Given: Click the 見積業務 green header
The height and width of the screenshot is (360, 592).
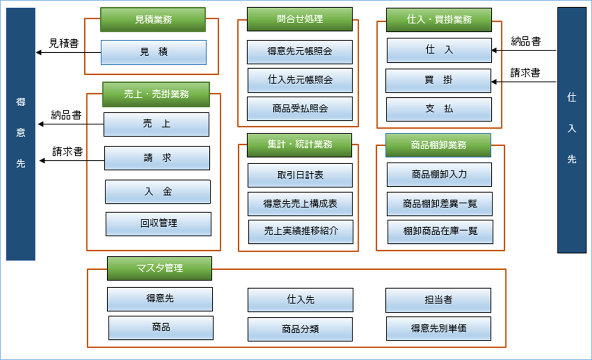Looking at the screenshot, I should [153, 19].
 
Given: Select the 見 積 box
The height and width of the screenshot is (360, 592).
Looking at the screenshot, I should [154, 52].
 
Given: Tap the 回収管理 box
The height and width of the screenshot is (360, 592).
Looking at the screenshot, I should [158, 224].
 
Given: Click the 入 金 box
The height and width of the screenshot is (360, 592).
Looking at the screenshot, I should [158, 192].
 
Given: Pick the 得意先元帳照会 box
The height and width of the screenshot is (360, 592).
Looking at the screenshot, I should [300, 52].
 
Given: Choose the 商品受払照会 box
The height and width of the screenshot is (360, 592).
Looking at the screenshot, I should [300, 108].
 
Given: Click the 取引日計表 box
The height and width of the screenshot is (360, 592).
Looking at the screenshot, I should [300, 175].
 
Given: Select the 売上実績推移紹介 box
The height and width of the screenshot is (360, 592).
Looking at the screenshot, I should [301, 232].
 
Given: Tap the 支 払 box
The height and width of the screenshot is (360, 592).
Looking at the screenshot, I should [439, 109].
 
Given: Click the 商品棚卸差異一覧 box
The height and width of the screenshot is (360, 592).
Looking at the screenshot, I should [439, 204].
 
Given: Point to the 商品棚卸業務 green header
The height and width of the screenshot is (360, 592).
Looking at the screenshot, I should [438, 145].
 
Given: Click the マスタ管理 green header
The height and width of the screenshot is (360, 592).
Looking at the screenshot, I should [160, 268].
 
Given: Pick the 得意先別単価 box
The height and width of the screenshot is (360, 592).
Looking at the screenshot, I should [438, 329].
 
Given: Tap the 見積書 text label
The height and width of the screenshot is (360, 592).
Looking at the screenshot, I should [64, 43].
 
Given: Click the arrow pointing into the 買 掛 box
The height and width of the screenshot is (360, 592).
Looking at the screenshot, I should [524, 81].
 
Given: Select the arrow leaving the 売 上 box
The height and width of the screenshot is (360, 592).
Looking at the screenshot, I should [71, 124].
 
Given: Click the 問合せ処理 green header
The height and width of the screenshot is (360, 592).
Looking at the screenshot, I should [300, 19].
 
